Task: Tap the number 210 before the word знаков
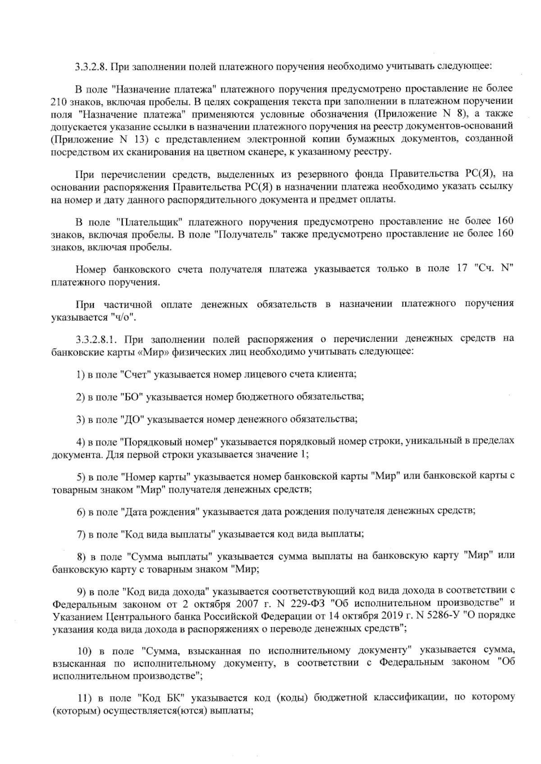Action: [x=60, y=100]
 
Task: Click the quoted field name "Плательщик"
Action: [x=149, y=222]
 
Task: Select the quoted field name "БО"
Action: [x=132, y=397]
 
